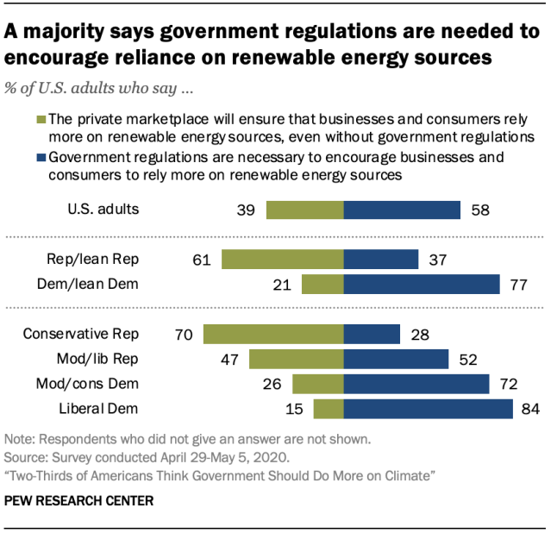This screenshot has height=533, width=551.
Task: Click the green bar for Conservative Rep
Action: coord(273,334)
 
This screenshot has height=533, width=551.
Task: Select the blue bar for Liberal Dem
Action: coord(429,409)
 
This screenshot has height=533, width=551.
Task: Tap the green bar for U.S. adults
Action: coord(305,210)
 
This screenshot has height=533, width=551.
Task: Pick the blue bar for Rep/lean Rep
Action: coord(381,260)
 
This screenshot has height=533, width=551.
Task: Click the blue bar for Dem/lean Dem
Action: coord(422,285)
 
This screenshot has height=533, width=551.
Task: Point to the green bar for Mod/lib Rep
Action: coord(297,359)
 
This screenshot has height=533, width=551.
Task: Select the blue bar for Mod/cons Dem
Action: coord(416,384)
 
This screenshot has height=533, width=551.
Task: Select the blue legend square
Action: coord(41,159)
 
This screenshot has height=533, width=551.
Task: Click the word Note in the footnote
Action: coord(20,437)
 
